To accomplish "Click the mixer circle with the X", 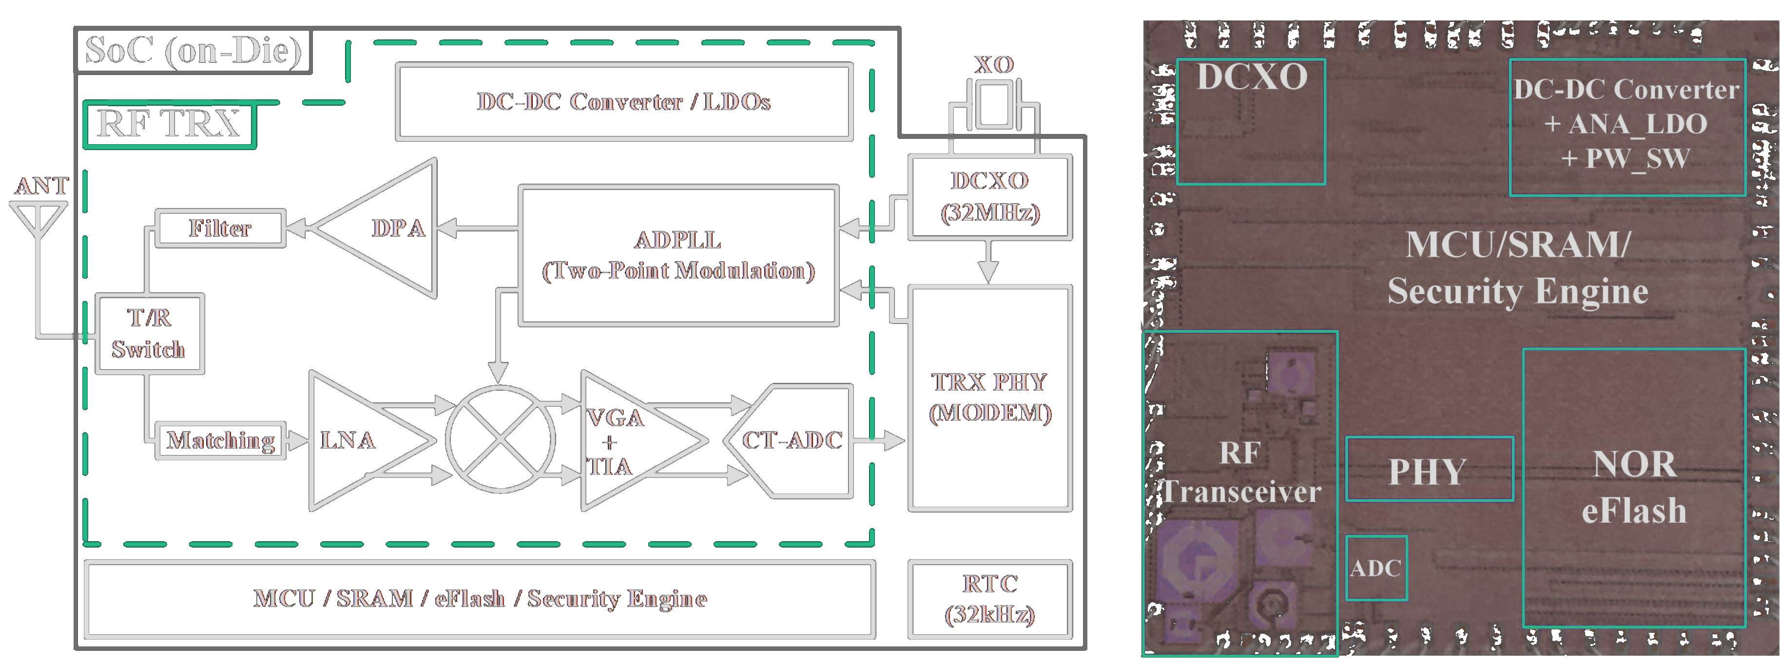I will pyautogui.click(x=500, y=439).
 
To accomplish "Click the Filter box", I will pyautogui.click(x=220, y=228).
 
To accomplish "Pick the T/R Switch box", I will pyautogui.click(x=149, y=334).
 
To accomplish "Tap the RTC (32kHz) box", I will pyautogui.click(x=989, y=599).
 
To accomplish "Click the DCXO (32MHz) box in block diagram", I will pyautogui.click(x=989, y=197).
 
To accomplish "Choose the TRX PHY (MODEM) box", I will pyautogui.click(x=989, y=398).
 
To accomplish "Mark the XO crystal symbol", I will pyautogui.click(x=994, y=104).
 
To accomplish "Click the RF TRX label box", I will pyautogui.click(x=169, y=124).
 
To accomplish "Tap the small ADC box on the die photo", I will pyautogui.click(x=1376, y=568).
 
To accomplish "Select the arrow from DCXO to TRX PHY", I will pyautogui.click(x=989, y=263).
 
